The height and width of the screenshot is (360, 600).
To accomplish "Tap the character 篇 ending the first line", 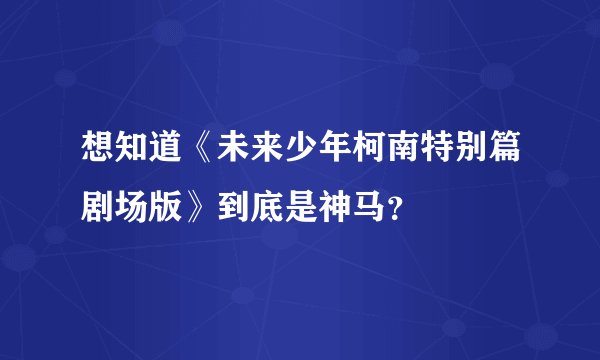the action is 507,146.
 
